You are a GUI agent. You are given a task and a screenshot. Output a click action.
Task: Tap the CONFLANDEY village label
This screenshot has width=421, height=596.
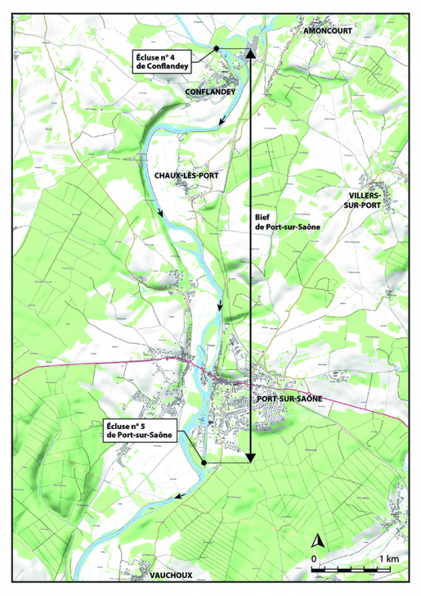210,93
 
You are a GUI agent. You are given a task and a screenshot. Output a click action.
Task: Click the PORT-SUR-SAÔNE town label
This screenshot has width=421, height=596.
289,399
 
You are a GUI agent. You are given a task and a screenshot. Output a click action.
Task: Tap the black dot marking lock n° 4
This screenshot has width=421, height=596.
216,49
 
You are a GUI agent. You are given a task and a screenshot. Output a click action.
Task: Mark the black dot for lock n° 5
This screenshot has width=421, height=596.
202,463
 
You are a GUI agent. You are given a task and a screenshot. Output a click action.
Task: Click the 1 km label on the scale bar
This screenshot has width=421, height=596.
388,558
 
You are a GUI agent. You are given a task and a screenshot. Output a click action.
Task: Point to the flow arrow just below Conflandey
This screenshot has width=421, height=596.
222,122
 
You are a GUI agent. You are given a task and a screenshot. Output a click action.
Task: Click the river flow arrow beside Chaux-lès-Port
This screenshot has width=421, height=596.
160,214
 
